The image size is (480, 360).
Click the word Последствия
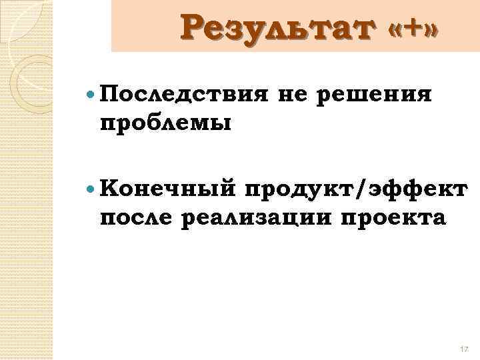pos(180,95)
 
